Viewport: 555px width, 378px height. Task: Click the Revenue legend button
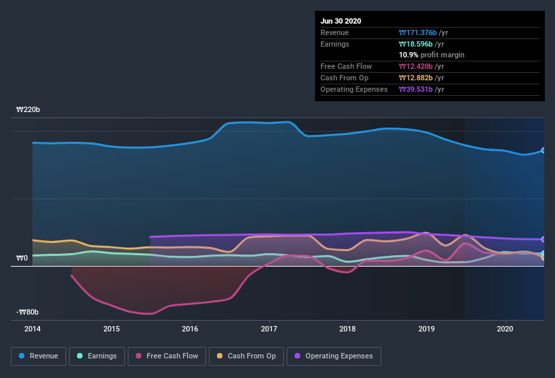click(x=39, y=356)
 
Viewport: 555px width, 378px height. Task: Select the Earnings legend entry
click(x=97, y=356)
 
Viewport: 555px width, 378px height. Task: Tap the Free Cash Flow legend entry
click(x=167, y=356)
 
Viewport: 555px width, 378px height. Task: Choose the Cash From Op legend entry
click(x=246, y=356)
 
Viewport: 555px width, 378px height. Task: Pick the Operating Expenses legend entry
click(x=333, y=356)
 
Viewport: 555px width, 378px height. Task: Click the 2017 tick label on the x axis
click(x=269, y=329)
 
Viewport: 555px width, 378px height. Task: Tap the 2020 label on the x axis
click(x=505, y=329)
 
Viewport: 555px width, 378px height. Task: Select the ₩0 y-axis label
click(x=22, y=259)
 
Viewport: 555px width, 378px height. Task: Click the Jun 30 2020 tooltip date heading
click(x=341, y=21)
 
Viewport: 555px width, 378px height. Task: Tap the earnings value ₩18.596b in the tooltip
click(x=418, y=44)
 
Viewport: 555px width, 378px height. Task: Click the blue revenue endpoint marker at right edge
click(x=544, y=151)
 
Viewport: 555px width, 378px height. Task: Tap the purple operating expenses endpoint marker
click(x=544, y=240)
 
